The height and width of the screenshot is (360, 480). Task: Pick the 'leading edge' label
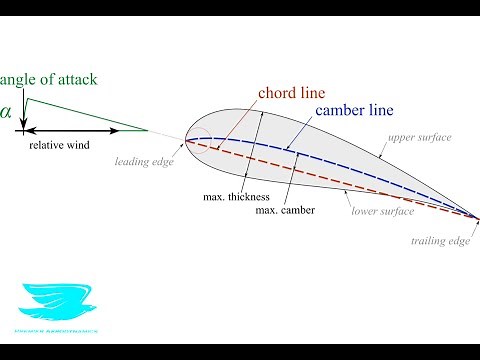coord(144,160)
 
